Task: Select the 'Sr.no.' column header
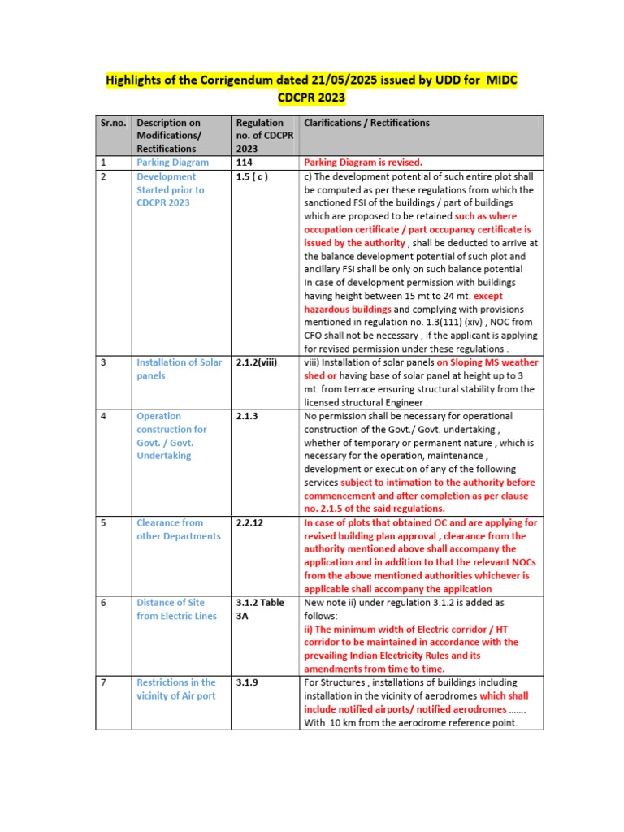click(x=113, y=123)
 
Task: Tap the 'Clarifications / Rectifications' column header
click(x=366, y=123)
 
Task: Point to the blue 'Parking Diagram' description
click(x=172, y=162)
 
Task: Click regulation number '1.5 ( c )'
click(x=252, y=176)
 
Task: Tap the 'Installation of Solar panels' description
click(x=179, y=369)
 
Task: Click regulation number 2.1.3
click(x=247, y=416)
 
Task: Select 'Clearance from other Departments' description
click(x=178, y=529)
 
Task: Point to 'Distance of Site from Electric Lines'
click(x=176, y=609)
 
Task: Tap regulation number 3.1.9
click(x=247, y=682)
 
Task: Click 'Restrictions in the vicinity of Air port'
click(x=176, y=689)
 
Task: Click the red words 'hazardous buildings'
click(x=347, y=310)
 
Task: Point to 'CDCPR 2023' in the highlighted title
click(x=311, y=98)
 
